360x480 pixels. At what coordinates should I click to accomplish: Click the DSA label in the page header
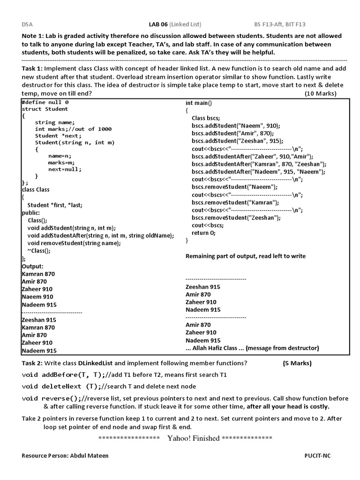[x=27, y=24]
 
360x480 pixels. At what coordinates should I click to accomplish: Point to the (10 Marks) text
[x=321, y=93]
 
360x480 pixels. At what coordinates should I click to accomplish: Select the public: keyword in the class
[x=31, y=212]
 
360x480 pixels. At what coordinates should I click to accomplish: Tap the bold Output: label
[x=32, y=266]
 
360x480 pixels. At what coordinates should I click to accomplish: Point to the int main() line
[x=199, y=103]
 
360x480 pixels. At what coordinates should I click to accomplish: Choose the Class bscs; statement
[x=206, y=118]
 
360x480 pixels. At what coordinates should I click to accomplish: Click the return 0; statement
[x=204, y=232]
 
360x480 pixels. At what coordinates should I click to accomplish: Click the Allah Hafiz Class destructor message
[x=252, y=348]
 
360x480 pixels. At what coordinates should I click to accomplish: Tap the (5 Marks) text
[x=297, y=363]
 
